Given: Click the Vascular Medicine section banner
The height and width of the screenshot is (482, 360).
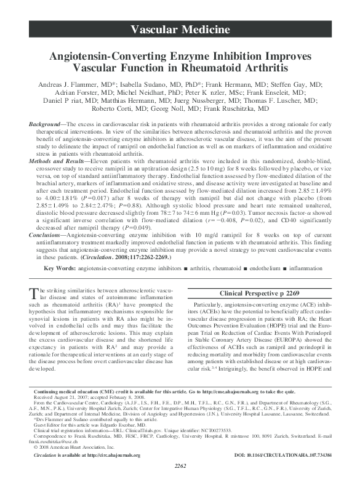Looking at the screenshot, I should [180, 30].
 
